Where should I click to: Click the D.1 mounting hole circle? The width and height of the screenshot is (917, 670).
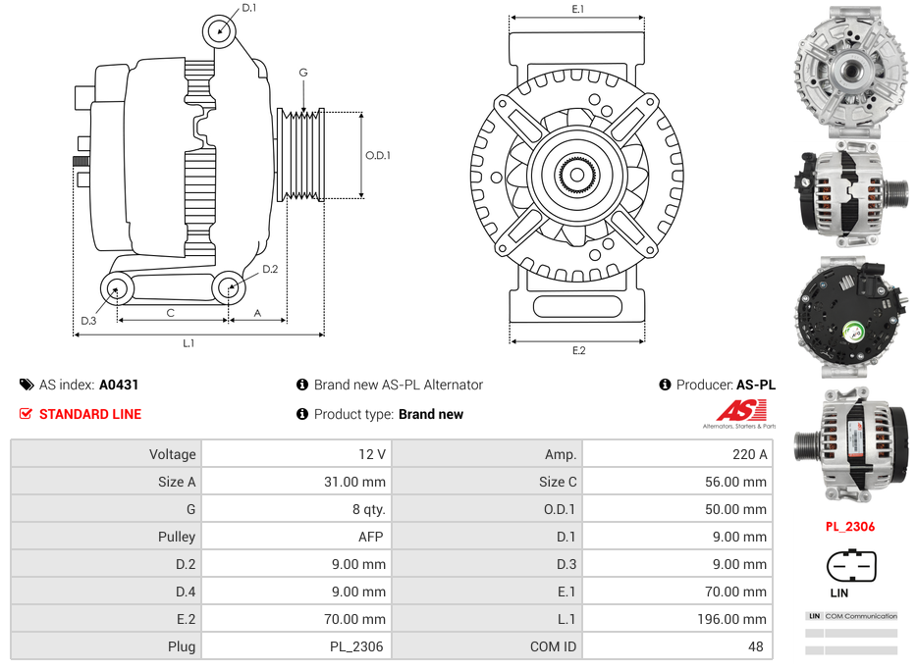point(221,30)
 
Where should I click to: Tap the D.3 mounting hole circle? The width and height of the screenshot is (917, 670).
point(118,289)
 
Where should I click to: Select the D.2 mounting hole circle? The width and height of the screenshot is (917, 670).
point(229,287)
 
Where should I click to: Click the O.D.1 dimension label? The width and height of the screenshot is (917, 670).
point(378,155)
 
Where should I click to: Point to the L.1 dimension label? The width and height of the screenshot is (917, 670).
point(189,343)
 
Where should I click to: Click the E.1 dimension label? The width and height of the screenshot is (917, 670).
point(578,9)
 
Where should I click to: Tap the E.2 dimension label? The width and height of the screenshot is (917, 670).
point(578,350)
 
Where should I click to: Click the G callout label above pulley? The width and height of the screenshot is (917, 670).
point(303,73)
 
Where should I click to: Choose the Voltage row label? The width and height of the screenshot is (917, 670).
point(173,454)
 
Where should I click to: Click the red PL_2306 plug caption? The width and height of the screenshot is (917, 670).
point(849,527)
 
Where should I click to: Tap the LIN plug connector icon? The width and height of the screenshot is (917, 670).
point(851,566)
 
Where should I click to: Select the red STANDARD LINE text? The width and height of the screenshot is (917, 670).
point(89,414)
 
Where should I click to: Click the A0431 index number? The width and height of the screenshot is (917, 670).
point(119,385)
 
